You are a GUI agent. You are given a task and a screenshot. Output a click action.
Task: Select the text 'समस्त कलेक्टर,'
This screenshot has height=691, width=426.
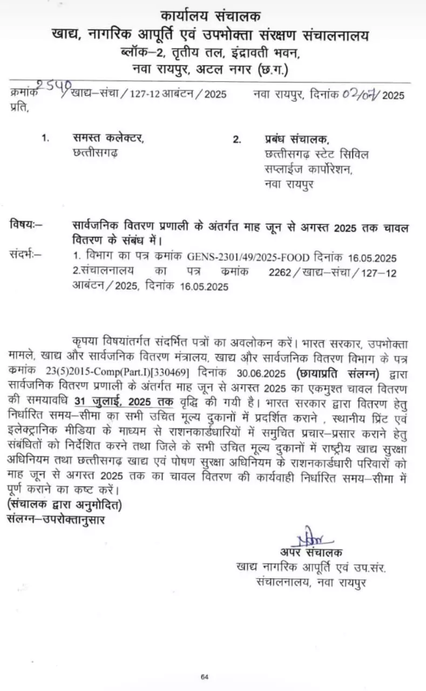109,138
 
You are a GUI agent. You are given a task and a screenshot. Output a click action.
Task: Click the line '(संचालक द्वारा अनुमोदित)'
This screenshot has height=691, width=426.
65,505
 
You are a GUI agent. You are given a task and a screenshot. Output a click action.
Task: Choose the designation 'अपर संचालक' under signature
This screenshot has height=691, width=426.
310,552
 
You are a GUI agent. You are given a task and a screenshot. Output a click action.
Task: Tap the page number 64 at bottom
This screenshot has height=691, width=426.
204,676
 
